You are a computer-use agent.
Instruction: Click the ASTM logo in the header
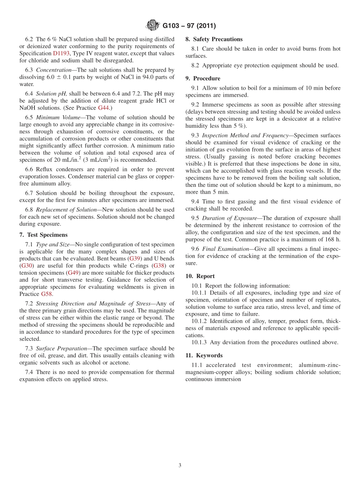pos(153,26)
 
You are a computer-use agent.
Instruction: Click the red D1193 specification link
pos(61,53)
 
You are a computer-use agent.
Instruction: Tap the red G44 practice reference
pos(103,108)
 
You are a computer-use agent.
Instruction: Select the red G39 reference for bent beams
pos(135,258)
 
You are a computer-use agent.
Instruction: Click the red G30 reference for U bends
pos(27,266)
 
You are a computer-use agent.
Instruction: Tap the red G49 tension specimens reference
pos(74,273)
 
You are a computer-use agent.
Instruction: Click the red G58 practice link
pos(46,294)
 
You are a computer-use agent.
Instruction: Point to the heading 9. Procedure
pos(203,78)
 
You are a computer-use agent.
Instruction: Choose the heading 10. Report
pos(200,276)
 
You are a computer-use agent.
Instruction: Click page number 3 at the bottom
pos(180,466)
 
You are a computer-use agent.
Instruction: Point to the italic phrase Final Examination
pos(225,249)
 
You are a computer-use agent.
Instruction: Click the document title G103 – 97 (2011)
pos(189,26)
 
